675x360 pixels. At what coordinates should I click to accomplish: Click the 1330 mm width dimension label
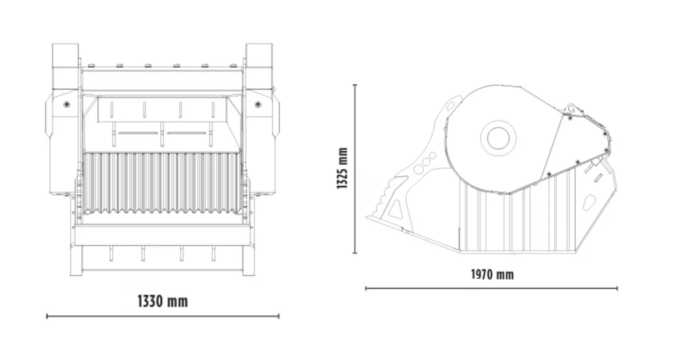point(162,301)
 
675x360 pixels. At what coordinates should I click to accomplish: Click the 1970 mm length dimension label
point(492,274)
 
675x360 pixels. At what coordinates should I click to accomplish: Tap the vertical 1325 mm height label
point(342,168)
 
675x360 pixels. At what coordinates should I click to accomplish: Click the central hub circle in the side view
point(498,138)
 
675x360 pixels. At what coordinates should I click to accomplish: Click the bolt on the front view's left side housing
point(66,104)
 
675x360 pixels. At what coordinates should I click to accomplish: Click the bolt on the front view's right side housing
point(258,104)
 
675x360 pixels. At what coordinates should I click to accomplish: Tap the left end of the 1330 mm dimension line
point(47,316)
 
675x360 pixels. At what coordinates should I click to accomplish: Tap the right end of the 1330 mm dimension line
point(279,316)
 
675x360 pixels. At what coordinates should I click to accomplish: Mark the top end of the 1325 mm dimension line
point(355,84)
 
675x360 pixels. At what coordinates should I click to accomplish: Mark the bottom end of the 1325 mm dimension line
point(355,253)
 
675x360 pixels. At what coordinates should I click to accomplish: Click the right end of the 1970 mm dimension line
point(618,288)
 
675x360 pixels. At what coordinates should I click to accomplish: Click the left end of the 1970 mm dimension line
point(366,288)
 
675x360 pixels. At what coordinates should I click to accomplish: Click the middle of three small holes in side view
point(426,161)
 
